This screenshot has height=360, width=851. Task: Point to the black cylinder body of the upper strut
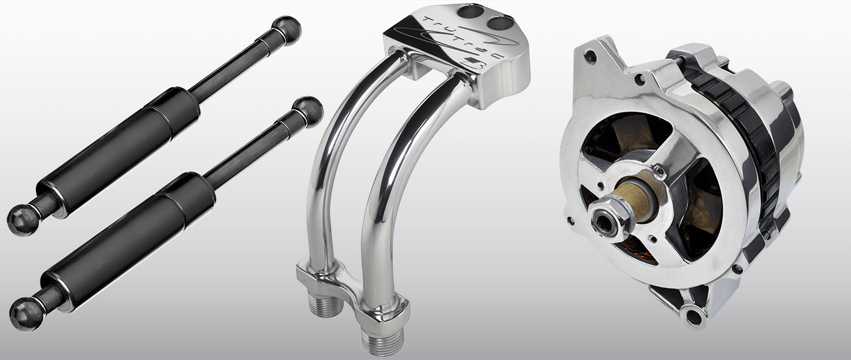(x=118, y=143)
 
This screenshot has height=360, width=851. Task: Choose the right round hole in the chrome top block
(x=499, y=22)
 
